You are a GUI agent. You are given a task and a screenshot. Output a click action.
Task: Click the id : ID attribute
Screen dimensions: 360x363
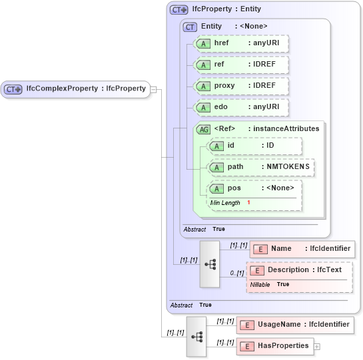pos(255,146)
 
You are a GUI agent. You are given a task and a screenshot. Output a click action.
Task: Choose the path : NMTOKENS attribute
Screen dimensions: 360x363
pos(261,167)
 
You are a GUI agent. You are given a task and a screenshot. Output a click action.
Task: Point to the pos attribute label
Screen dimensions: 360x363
pos(234,188)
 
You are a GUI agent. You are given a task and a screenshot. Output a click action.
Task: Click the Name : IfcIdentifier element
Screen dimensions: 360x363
pos(302,249)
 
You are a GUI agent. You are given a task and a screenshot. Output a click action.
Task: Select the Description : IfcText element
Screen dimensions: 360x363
pos(300,270)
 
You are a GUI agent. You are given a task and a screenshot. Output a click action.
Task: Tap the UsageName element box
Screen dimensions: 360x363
pos(295,325)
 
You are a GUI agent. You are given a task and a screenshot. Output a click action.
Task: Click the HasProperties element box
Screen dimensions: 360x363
pos(274,346)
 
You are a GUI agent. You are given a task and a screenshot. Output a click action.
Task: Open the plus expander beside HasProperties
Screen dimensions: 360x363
pos(317,347)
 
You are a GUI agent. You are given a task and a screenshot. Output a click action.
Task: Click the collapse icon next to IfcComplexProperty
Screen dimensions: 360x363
pos(153,89)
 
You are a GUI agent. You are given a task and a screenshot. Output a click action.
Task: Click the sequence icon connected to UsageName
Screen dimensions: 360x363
pos(196,336)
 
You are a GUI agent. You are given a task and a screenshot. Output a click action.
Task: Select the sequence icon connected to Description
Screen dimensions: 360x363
pos(210,264)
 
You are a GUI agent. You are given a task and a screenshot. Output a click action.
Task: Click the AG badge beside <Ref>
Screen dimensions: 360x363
pos(203,129)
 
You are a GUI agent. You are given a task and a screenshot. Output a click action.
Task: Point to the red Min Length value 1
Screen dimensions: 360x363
pos(248,202)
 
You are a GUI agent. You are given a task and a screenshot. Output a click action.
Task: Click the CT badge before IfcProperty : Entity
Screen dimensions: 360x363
pos(179,10)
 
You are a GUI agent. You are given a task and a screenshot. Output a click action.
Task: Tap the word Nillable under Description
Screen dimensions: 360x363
pos(260,284)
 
